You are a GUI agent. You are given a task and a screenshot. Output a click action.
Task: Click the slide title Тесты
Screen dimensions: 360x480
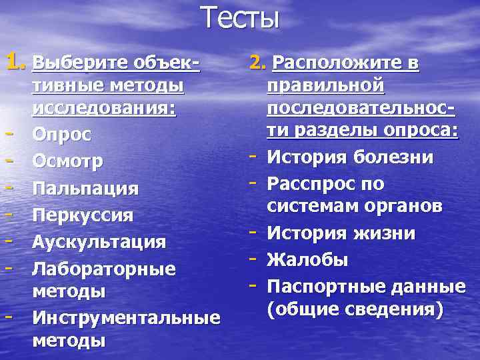tap(239, 18)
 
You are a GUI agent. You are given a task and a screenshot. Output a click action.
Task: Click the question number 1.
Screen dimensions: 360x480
tap(16, 64)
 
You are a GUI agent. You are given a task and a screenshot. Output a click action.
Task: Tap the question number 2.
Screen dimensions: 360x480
tap(258, 64)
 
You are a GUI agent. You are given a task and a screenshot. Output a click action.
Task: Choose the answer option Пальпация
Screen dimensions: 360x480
tap(86, 189)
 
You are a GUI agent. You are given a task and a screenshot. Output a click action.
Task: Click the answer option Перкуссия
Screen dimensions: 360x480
tap(83, 215)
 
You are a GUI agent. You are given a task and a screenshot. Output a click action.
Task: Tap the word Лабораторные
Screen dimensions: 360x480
tap(104, 268)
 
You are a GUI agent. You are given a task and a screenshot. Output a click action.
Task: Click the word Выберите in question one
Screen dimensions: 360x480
tap(74, 65)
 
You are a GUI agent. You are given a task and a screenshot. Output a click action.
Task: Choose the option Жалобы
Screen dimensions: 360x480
tap(307, 260)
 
